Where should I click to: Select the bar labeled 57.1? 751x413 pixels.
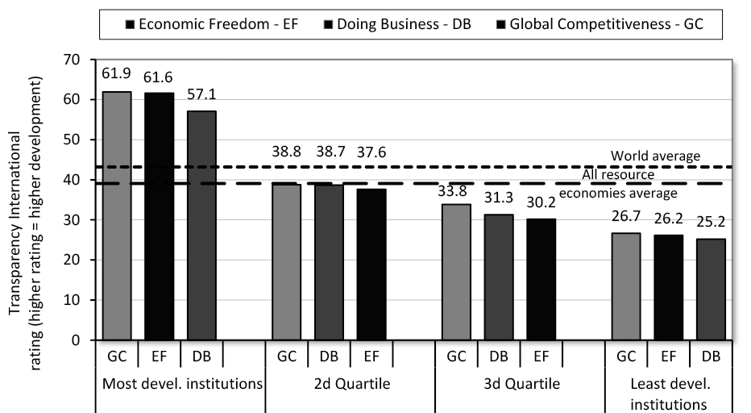click(201, 225)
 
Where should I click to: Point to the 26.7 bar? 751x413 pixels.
click(626, 286)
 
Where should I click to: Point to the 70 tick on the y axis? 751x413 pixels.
click(74, 60)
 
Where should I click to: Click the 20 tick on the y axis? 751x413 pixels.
click(74, 260)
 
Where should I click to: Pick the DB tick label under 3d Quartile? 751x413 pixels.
click(500, 356)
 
